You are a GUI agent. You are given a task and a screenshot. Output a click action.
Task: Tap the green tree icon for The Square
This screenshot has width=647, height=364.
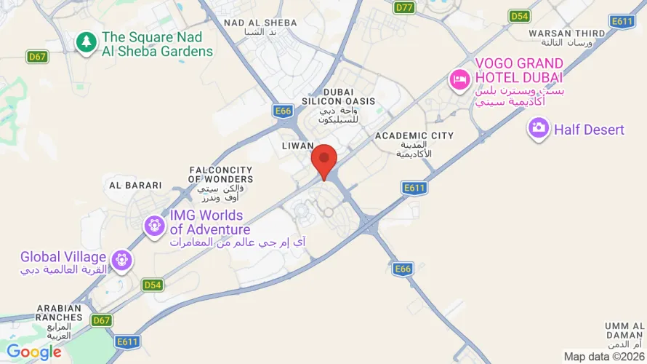(x=87, y=42)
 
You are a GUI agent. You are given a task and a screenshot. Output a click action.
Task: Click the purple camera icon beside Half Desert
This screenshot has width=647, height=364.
(x=539, y=129)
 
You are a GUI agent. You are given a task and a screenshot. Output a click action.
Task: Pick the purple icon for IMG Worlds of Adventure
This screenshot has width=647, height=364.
(x=155, y=226)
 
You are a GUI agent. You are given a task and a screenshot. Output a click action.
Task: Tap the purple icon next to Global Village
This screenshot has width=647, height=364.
(x=121, y=258)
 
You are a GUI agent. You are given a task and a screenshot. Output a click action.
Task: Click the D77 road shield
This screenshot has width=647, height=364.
(x=404, y=7)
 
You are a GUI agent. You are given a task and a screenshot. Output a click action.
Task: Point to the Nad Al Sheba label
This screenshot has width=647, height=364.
(x=260, y=23)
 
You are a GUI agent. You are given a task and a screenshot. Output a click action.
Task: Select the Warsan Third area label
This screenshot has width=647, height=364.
(x=566, y=33)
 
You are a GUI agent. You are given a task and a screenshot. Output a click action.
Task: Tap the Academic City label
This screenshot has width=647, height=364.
(x=414, y=135)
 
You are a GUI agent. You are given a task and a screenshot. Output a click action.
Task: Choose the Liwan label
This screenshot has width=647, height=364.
(x=297, y=146)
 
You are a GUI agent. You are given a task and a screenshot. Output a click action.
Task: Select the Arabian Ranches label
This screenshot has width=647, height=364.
(x=59, y=312)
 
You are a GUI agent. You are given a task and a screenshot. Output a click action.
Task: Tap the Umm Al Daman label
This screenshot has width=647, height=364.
(x=623, y=330)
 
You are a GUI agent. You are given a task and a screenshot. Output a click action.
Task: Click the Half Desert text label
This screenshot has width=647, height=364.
(x=589, y=130)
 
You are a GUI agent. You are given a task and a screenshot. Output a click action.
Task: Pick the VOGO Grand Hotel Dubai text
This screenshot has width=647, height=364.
(x=519, y=71)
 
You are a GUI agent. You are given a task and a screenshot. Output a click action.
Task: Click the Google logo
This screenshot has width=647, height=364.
(x=34, y=352)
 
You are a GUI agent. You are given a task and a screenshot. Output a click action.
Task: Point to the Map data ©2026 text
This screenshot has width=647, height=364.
(x=603, y=357)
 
